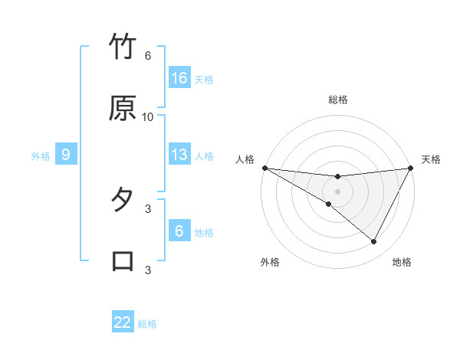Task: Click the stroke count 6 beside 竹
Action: coord(148,56)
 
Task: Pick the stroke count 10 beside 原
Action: coord(148,116)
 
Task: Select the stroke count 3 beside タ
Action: coord(148,208)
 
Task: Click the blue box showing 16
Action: coord(179,78)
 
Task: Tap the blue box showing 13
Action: coord(179,155)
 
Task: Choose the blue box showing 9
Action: coord(66,155)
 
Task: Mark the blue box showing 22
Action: coord(123,322)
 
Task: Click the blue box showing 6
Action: coord(179,231)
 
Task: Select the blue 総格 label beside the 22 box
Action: coord(147,324)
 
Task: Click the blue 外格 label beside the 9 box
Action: coord(41,156)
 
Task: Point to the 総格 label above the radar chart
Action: coord(338,100)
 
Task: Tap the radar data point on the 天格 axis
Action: coord(411,168)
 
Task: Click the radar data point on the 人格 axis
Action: coord(264,168)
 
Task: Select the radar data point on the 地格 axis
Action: coord(373,241)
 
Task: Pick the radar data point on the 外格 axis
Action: coord(329,204)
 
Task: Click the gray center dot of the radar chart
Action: coord(338,191)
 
